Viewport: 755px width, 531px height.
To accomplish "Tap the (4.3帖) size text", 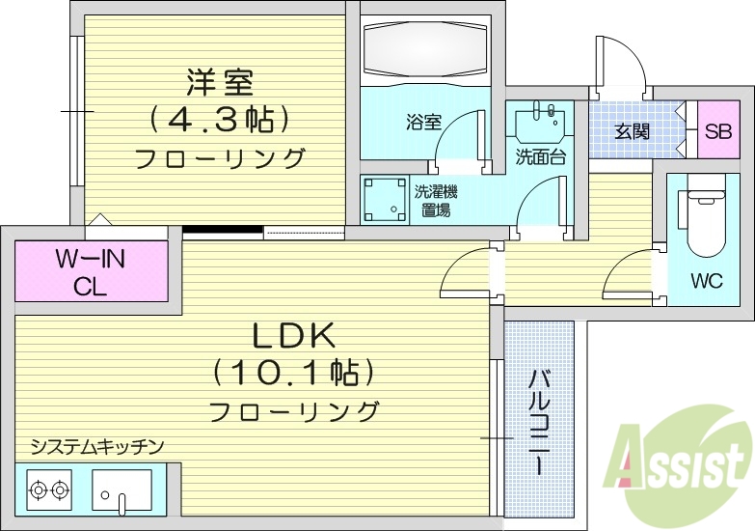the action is (219, 120).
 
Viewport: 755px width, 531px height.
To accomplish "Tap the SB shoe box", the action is (716, 130).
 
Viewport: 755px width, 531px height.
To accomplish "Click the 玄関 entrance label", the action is (633, 130).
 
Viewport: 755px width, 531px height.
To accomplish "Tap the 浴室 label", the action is (423, 123).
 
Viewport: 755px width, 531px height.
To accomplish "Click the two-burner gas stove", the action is (49, 489).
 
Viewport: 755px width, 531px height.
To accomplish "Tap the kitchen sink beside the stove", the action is (122, 489).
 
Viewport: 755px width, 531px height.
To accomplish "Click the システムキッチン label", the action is (96, 446).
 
